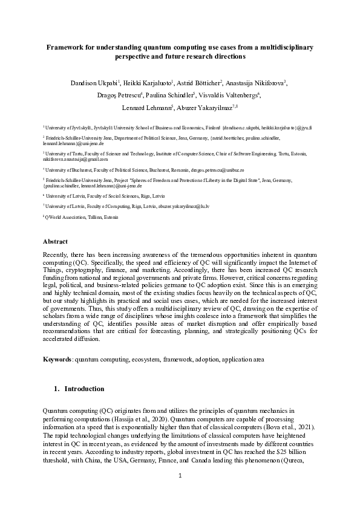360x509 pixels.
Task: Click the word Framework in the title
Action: tap(69, 47)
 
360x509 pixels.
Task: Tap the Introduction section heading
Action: tap(84, 389)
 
